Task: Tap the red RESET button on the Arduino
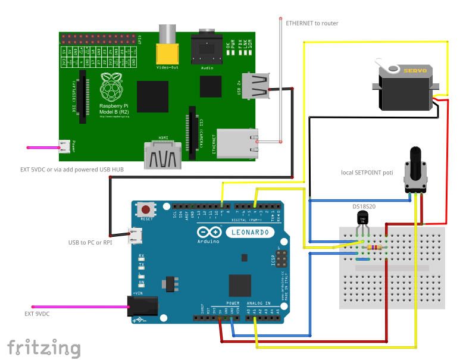(146, 209)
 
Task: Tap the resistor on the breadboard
(374, 248)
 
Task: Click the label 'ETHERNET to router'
(312, 23)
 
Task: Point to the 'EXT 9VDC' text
(37, 314)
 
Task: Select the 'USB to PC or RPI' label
(90, 242)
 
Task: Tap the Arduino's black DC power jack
(142, 306)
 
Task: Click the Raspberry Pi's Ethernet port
(237, 143)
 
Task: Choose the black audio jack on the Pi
(207, 46)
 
